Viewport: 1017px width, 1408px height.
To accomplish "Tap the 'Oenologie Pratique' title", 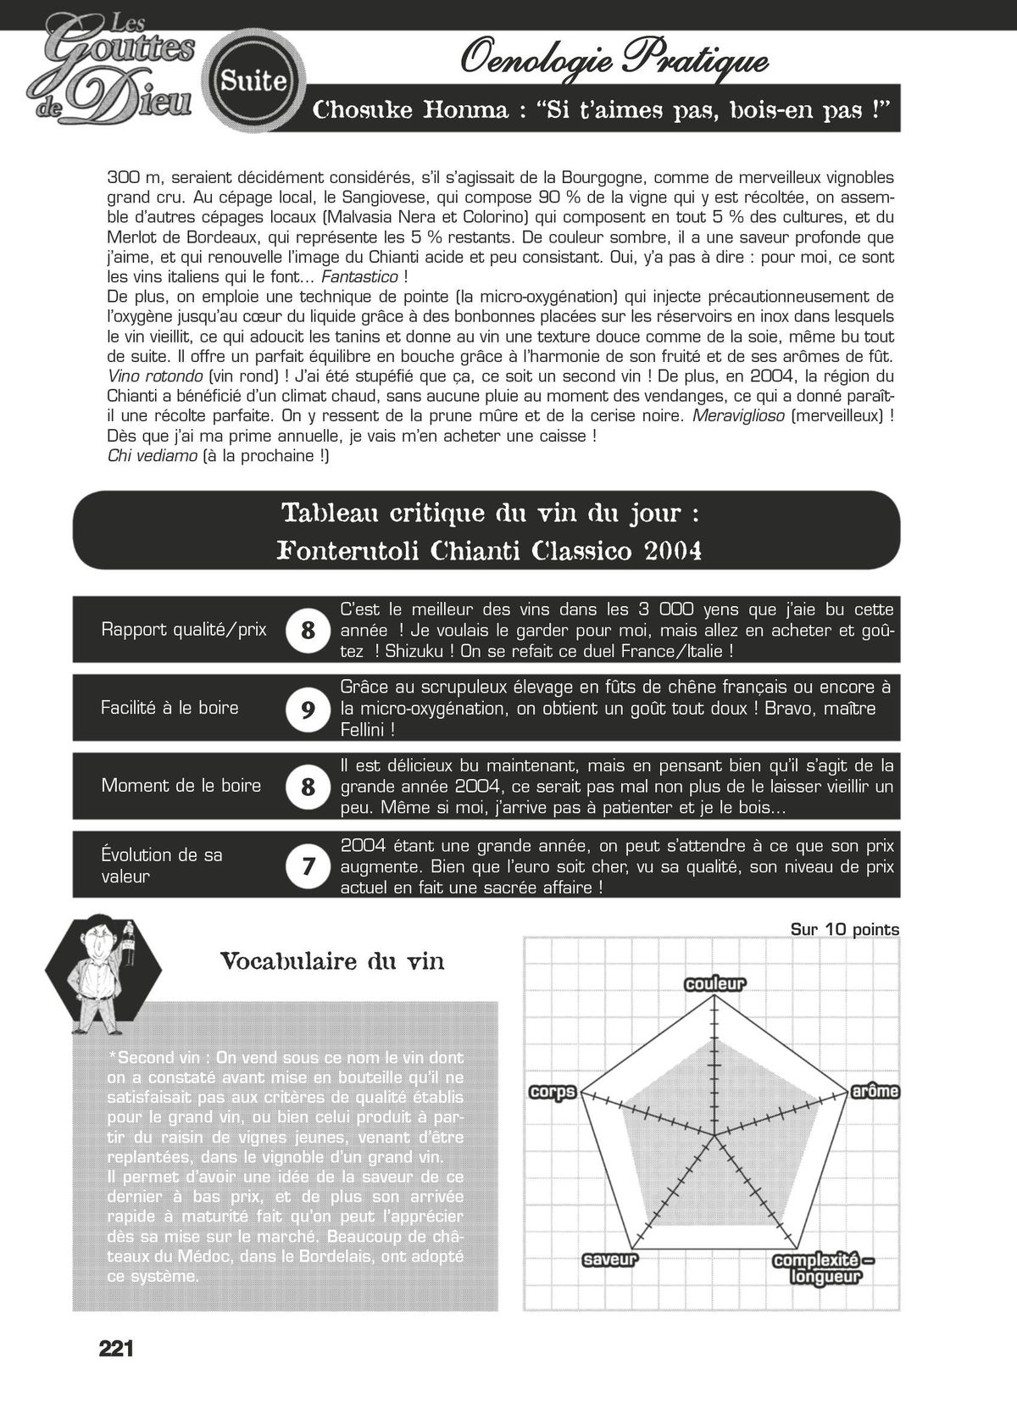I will (614, 60).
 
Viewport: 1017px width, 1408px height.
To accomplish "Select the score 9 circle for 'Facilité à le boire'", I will (308, 709).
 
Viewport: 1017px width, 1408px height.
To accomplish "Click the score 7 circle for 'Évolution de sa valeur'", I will (308, 865).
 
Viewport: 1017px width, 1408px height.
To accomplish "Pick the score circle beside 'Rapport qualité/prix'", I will (308, 630).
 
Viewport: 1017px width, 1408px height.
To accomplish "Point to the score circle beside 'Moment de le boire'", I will (308, 787).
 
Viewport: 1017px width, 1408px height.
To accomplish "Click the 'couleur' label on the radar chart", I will (714, 984).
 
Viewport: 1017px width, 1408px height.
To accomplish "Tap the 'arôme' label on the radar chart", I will (874, 1091).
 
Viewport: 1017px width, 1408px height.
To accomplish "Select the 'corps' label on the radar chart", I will (553, 1092).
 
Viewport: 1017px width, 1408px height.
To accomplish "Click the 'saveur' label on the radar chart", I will (609, 1260).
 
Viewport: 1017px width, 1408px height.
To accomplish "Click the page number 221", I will (116, 1349).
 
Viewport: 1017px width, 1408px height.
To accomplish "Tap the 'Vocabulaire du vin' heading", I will (331, 961).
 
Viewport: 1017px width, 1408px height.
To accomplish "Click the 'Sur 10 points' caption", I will (844, 929).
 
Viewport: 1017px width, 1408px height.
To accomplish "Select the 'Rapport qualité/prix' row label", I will (183, 629).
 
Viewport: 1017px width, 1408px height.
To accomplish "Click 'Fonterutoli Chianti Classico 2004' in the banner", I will (489, 552).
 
